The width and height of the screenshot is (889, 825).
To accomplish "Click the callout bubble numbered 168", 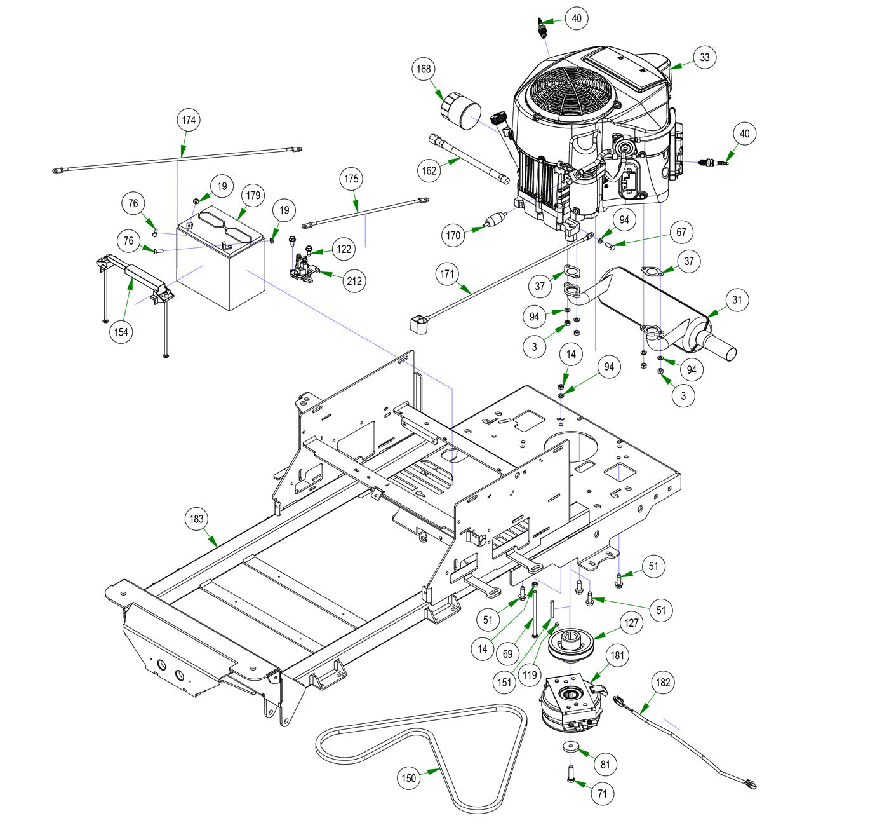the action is tap(424, 69).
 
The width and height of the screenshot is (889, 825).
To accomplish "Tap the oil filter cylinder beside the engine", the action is tap(460, 110).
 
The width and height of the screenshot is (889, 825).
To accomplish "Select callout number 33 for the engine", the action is tap(705, 57).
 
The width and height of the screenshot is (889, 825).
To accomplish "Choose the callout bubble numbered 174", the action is tap(189, 120).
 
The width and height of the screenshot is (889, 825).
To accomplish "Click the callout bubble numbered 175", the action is tap(351, 179).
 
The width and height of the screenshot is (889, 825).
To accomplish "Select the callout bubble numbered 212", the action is tap(354, 281).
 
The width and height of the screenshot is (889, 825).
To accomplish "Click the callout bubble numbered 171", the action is tap(447, 274).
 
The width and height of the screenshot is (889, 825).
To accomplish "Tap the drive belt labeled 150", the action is tap(421, 758).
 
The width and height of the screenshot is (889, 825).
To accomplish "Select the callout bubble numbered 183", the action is tap(196, 519).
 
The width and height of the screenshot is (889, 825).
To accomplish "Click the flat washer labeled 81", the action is tap(570, 747).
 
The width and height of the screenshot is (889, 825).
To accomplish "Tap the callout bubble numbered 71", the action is tap(602, 794).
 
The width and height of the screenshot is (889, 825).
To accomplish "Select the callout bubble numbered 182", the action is tap(662, 683).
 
